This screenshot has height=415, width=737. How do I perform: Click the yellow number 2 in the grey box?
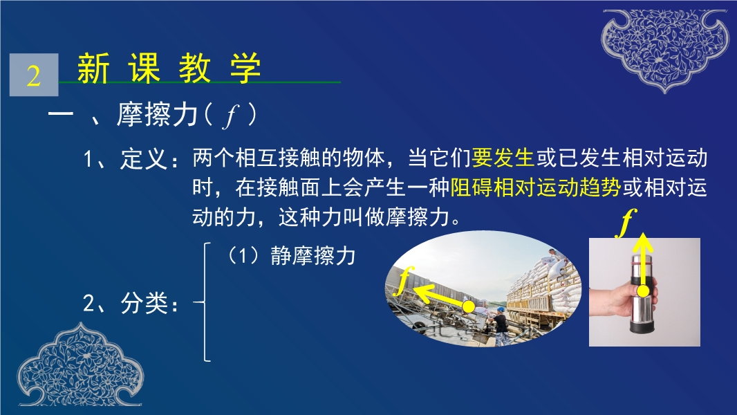33,75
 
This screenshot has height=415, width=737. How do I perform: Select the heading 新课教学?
169,68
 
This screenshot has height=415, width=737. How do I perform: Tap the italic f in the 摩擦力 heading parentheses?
231,115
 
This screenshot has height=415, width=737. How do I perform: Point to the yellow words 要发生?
503,158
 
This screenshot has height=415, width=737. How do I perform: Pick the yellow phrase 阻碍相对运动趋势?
536,187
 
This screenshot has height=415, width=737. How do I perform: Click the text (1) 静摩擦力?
292,256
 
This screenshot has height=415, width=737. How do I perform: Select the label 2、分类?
131,303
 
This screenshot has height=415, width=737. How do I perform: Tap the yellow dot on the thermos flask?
643,291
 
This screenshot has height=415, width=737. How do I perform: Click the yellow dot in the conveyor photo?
469,307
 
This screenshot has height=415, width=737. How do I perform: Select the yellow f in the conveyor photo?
405,280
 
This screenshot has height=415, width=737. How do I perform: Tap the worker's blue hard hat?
501,310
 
